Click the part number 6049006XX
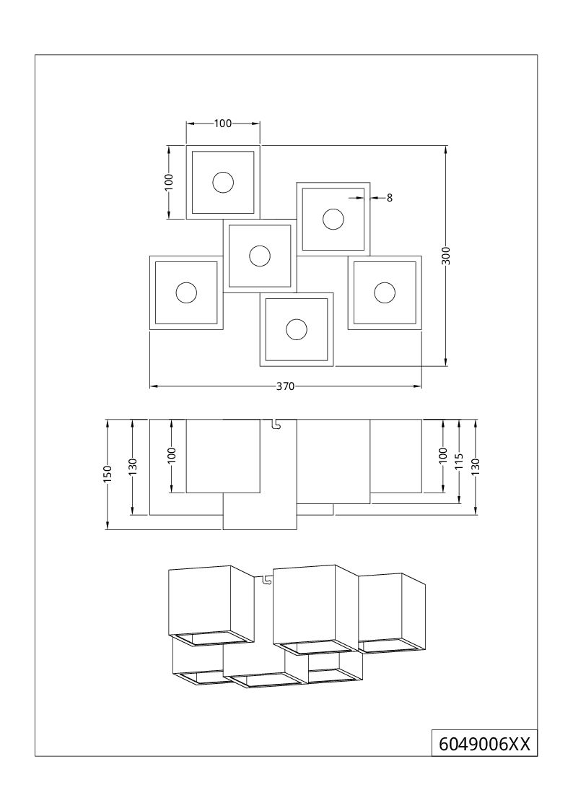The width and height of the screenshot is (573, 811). click(x=485, y=744)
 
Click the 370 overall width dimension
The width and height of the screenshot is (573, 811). click(x=284, y=386)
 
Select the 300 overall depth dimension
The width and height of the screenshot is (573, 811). click(x=447, y=256)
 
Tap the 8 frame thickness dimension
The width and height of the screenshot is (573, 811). click(x=390, y=198)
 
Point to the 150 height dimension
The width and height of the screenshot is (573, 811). click(x=108, y=474)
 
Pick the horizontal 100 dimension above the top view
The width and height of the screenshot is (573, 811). click(x=223, y=123)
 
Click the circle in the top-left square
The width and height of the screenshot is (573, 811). click(x=223, y=183)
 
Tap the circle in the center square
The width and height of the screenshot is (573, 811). click(x=259, y=256)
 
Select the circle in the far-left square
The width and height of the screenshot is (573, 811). click(x=186, y=292)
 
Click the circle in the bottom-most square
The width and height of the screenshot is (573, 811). click(x=297, y=329)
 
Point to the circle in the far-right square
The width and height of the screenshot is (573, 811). click(x=385, y=292)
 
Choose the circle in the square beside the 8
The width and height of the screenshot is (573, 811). click(x=333, y=220)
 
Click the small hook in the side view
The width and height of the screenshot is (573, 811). click(x=276, y=424)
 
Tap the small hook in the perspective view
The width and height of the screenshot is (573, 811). click(x=266, y=580)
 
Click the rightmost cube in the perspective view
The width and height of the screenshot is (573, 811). click(x=392, y=613)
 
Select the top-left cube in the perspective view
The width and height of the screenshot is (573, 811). click(x=212, y=605)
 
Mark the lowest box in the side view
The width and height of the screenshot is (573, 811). click(x=260, y=511)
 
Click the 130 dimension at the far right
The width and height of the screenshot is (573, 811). click(x=476, y=467)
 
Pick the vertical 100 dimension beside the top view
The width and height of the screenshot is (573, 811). click(x=168, y=183)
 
